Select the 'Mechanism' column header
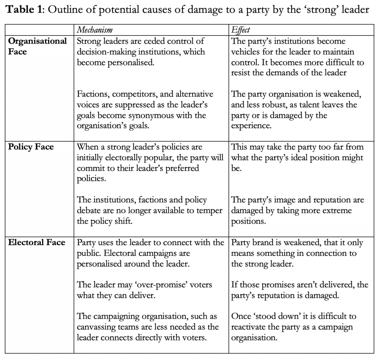(x=94, y=30)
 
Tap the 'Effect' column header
(x=241, y=30)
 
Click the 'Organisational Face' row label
(x=37, y=46)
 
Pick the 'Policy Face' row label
(x=31, y=147)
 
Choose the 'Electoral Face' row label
(x=37, y=243)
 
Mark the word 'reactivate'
(x=251, y=327)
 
